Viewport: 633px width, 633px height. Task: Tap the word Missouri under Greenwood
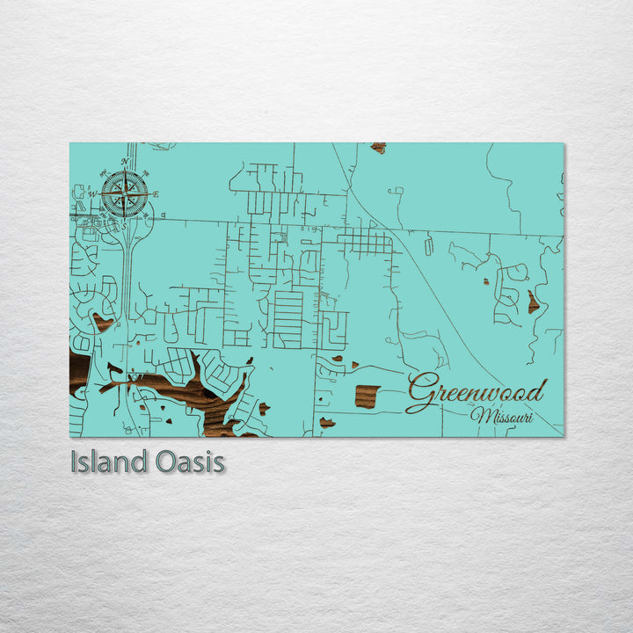[x=502, y=416]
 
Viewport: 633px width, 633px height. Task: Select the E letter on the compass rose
[x=156, y=194]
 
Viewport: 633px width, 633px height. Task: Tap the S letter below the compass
[x=124, y=225]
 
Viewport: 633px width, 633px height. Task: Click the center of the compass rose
[x=124, y=193]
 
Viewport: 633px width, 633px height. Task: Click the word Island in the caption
[x=104, y=462]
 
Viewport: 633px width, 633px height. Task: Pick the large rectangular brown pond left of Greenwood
[x=367, y=396]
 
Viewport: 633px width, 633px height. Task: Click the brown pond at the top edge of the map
[x=378, y=148]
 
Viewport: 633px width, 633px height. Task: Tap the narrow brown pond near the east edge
[x=533, y=303]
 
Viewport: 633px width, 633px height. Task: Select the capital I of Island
[x=75, y=462]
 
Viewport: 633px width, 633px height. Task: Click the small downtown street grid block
[x=365, y=242]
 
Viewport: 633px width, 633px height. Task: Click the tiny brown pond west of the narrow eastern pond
[x=484, y=283]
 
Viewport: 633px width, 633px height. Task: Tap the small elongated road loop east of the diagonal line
[x=428, y=247]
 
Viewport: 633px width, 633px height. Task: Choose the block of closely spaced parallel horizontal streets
[x=288, y=318]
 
